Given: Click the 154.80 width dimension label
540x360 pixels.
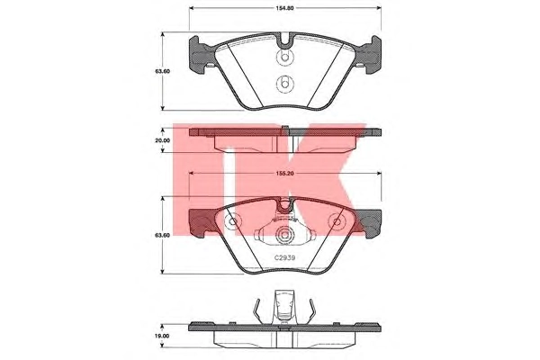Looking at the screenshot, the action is pos(284,8).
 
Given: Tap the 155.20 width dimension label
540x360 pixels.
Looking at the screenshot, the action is pos(284,174).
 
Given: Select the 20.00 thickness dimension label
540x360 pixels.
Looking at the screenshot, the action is pos(163,140).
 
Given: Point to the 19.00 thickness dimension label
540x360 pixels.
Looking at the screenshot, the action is pos(163,336).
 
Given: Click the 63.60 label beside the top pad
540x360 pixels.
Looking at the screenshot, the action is pos(163,71).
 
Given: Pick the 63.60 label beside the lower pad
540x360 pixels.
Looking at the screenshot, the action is pos(163,235).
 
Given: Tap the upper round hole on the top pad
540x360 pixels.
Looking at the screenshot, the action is pos(284,58).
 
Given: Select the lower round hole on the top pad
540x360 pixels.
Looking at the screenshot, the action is pos(284,84).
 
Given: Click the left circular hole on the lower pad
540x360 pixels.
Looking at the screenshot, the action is pos(232,221).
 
